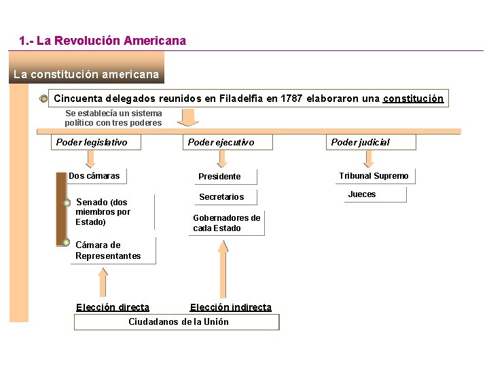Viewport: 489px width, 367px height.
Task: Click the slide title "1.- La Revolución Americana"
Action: (103, 41)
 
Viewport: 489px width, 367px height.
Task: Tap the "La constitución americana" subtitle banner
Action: (86, 74)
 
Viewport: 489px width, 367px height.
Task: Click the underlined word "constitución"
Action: (413, 99)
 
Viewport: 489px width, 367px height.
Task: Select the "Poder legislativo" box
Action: (92, 142)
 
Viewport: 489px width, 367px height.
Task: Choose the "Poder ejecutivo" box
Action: (221, 142)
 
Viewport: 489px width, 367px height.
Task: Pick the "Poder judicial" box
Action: (360, 142)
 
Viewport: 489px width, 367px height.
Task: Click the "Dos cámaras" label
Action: (94, 176)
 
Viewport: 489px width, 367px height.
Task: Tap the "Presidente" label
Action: (219, 177)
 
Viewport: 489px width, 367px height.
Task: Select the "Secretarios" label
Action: (221, 197)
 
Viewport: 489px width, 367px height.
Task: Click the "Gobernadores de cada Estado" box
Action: (227, 223)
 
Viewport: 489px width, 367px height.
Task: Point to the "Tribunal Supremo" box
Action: (374, 176)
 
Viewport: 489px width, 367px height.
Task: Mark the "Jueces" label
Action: (362, 194)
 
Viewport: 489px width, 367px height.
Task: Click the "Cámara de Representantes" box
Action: (109, 250)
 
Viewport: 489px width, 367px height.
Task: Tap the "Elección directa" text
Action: (113, 307)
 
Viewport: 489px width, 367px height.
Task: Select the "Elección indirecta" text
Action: (231, 307)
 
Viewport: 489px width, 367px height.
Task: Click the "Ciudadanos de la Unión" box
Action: (179, 321)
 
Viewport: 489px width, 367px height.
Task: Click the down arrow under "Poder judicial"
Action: (369, 159)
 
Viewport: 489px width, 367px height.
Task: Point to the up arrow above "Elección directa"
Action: (103, 281)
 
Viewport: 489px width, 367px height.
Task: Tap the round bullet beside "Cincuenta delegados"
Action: (44, 99)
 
